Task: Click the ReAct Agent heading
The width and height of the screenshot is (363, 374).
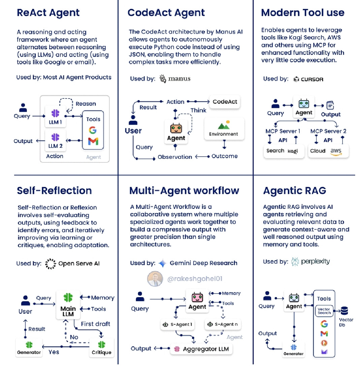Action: click(x=48, y=13)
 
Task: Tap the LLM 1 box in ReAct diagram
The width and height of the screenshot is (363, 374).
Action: click(x=55, y=116)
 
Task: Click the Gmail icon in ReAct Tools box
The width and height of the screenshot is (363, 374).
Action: click(x=93, y=141)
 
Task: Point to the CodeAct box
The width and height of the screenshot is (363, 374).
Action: click(x=225, y=101)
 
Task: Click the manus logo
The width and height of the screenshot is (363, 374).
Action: click(x=175, y=79)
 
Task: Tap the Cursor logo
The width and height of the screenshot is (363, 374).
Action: click(x=308, y=79)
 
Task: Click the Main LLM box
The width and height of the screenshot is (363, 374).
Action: click(x=68, y=304)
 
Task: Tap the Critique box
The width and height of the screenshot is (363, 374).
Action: click(x=101, y=347)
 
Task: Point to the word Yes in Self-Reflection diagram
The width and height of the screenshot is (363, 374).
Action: click(x=54, y=351)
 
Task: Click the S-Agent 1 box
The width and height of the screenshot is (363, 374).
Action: click(x=176, y=324)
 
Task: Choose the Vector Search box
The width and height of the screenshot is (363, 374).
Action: click(x=324, y=311)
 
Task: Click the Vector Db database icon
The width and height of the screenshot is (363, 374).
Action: click(x=345, y=310)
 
